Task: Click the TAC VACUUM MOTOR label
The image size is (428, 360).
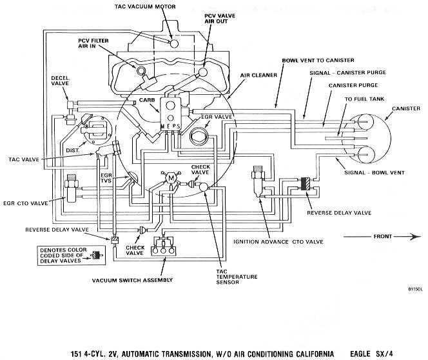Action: click(144, 6)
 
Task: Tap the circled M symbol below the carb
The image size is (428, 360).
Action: click(171, 178)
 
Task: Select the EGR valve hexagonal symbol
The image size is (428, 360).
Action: click(198, 135)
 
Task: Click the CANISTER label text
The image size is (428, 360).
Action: click(406, 108)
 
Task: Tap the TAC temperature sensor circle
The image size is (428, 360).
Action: click(203, 187)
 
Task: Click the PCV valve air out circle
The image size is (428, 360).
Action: click(203, 72)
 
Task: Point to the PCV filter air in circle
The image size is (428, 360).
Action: click(141, 71)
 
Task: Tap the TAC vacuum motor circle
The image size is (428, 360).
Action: click(174, 43)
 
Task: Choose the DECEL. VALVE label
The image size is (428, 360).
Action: click(61, 81)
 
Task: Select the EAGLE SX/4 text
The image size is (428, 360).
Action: click(371, 354)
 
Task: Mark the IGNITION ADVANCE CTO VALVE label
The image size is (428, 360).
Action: click(278, 242)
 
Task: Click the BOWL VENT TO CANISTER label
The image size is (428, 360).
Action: click(318, 60)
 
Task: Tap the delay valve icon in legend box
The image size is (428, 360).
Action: click(96, 255)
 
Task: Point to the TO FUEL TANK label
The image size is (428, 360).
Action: click(364, 99)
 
